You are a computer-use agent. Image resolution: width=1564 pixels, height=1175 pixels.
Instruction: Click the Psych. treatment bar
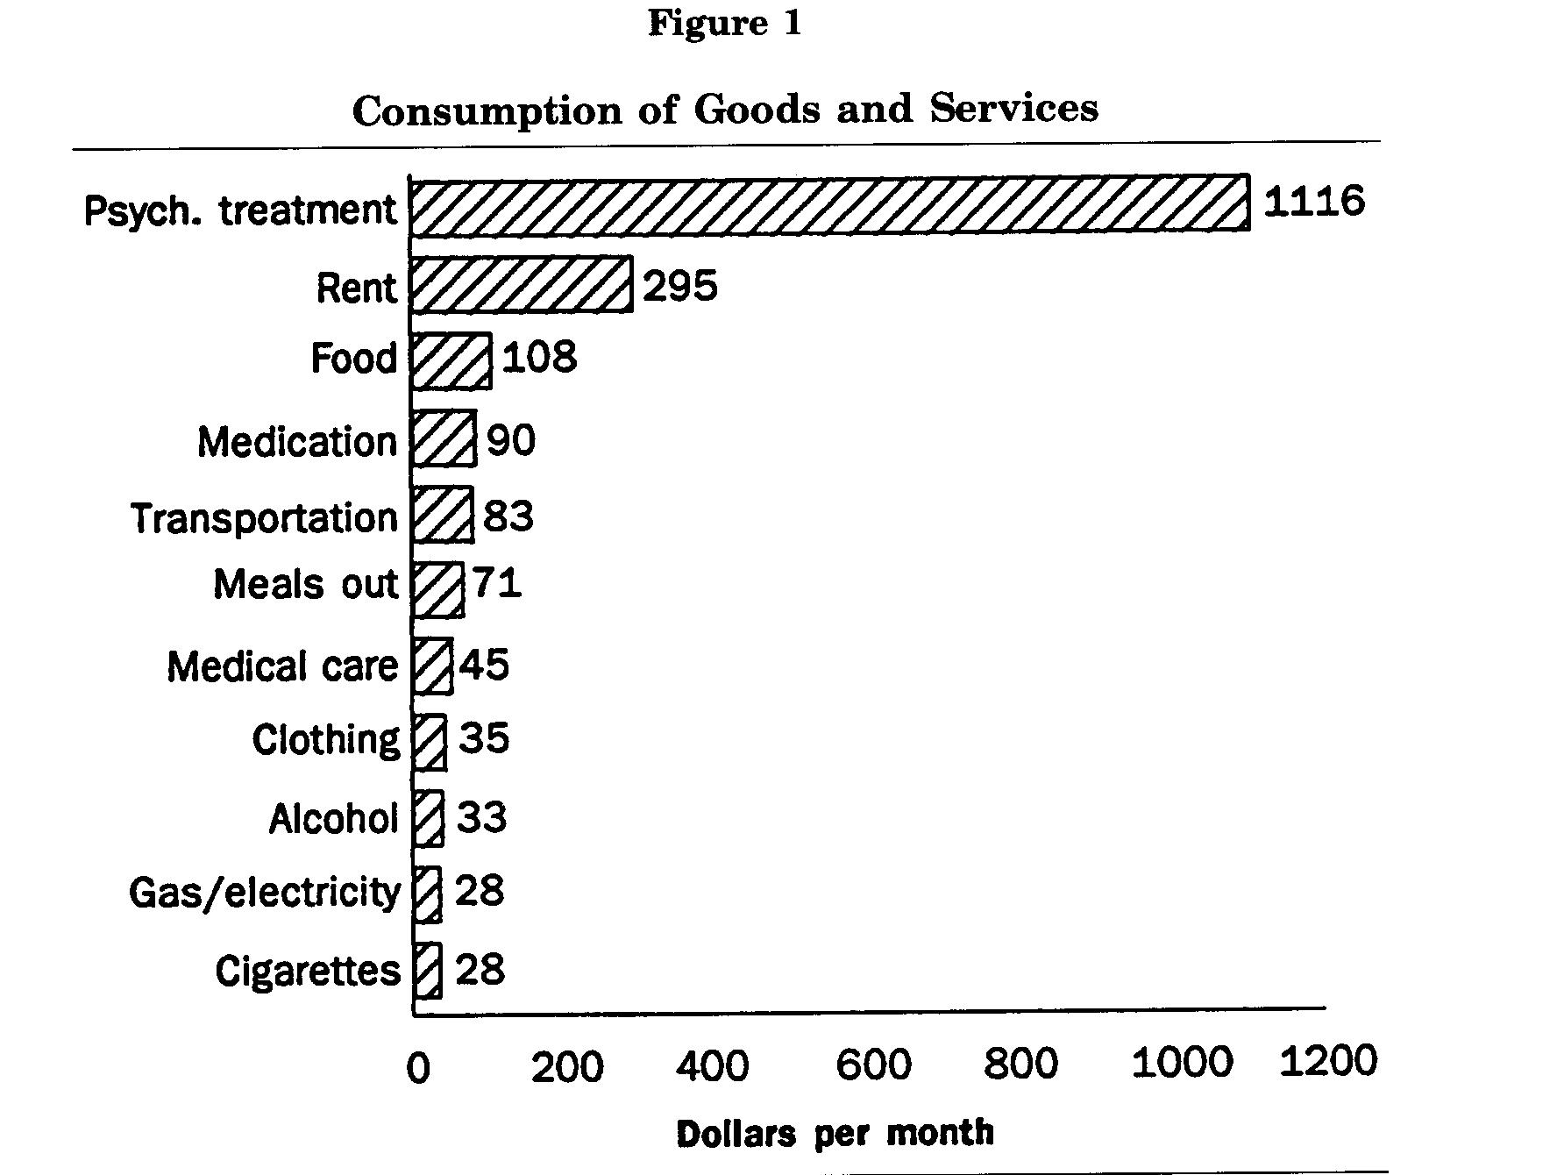pos(829,204)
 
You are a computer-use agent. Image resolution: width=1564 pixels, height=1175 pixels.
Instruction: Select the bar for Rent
pos(521,284)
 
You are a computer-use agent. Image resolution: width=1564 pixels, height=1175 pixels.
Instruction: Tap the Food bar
pos(451,360)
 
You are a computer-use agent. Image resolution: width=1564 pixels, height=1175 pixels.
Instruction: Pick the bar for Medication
pos(444,438)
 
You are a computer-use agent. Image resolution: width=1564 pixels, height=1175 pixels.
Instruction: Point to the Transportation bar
pos(442,515)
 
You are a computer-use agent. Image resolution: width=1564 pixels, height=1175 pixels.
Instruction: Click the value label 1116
pos(1313,202)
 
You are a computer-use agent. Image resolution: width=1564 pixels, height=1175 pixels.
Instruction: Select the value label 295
pos(680,286)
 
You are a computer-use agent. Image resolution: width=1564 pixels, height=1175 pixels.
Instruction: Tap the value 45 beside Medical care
pos(485,664)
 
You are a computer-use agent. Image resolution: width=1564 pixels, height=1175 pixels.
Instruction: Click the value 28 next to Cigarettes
pos(480,970)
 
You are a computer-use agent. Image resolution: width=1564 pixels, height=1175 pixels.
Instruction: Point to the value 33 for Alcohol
pos(481,817)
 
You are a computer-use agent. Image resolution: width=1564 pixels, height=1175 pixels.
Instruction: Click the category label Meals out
pos(306,584)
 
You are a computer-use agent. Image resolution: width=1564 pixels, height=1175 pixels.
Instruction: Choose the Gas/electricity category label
pos(264,893)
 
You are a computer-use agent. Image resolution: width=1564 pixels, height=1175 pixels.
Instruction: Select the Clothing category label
pos(325,740)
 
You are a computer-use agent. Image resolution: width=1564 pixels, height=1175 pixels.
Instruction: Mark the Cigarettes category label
pos(307,971)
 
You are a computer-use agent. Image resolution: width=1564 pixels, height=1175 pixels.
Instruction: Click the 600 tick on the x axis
pos(873,1065)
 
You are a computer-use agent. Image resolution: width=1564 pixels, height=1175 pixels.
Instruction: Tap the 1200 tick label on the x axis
pos(1328,1061)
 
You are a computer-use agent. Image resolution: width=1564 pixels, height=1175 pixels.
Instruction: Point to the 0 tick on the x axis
pos(418,1068)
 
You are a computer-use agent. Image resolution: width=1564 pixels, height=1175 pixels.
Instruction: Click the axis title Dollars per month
pos(835,1133)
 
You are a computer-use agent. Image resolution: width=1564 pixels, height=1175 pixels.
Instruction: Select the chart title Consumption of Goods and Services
pos(725,110)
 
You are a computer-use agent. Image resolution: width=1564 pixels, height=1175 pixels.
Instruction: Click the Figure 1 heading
pos(725,23)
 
